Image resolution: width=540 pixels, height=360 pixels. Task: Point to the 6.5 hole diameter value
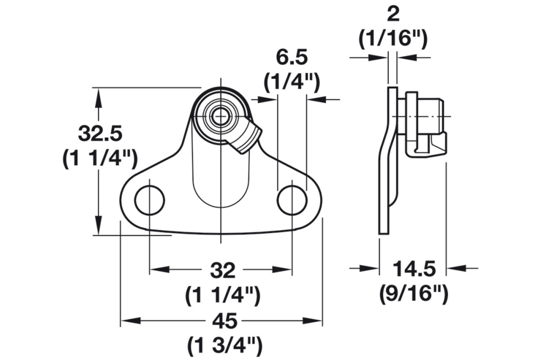(x=292, y=56)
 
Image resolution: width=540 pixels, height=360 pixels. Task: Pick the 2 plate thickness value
(x=393, y=12)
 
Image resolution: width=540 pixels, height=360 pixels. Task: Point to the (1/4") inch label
(x=292, y=81)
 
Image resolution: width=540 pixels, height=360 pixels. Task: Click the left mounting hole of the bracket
(x=150, y=200)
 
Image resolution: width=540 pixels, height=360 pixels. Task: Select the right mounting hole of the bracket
(x=292, y=200)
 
